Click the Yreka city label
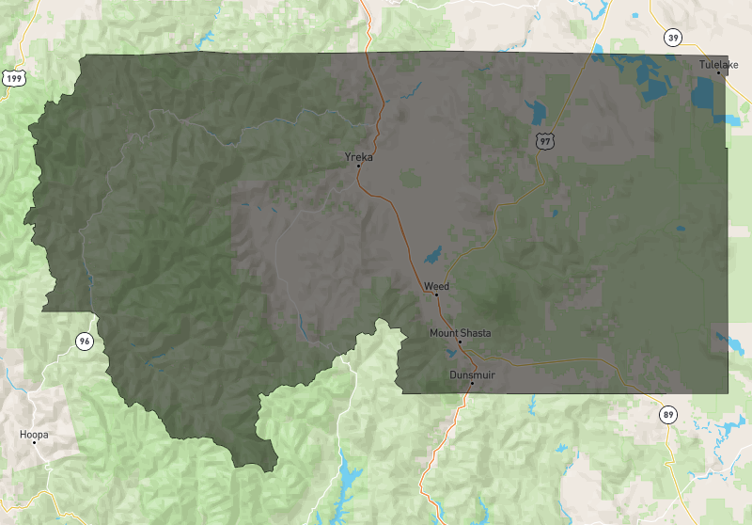tap(359, 156)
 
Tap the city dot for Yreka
tap(358, 166)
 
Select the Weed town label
tap(436, 285)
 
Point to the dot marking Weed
tap(436, 294)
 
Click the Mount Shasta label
tap(460, 332)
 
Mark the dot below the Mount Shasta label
tap(460, 342)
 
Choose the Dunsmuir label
tap(472, 374)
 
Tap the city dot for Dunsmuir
tap(472, 383)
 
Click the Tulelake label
tap(719, 64)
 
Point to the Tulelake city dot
tap(719, 72)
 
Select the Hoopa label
tap(34, 435)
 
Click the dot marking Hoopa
tap(34, 443)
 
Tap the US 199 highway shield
tap(13, 78)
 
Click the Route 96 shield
tap(85, 341)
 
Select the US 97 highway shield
tap(544, 141)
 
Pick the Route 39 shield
tap(672, 38)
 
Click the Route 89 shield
tap(667, 415)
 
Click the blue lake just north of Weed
tap(432, 255)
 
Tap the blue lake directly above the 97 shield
tap(539, 112)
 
